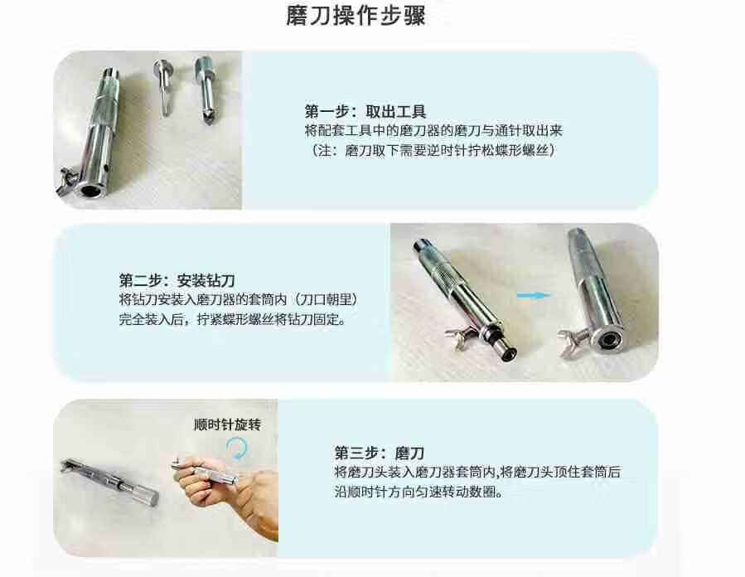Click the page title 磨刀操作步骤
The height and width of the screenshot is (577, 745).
click(356, 15)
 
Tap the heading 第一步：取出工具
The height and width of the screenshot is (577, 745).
click(365, 112)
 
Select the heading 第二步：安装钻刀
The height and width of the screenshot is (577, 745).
click(177, 280)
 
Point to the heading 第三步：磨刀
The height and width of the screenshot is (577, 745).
click(379, 453)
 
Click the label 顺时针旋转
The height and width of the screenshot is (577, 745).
click(228, 424)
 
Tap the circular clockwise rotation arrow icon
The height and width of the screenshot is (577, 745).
click(237, 449)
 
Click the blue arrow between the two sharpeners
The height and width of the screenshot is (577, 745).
click(533, 296)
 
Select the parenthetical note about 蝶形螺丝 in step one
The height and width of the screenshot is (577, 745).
click(433, 151)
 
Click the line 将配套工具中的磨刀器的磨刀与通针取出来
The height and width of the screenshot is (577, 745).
click(433, 131)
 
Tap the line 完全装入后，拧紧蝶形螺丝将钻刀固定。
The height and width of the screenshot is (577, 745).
click(232, 319)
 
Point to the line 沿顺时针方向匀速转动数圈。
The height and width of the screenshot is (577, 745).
click(419, 492)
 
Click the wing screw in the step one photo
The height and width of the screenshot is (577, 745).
click(66, 181)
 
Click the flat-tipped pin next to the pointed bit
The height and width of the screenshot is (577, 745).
click(163, 87)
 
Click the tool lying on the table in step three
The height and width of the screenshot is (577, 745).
click(109, 482)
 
